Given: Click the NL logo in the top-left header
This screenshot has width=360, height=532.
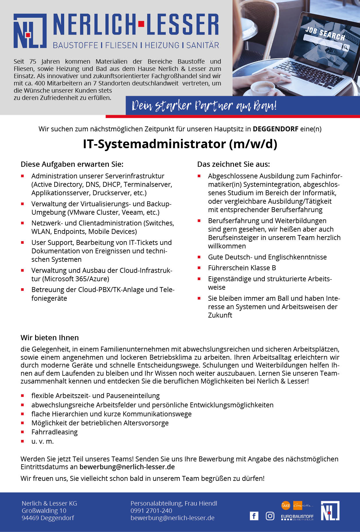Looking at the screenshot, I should (x=30, y=31).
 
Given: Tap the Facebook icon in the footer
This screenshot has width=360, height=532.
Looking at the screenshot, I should (x=254, y=516).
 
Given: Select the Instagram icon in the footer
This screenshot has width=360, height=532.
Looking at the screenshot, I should (x=270, y=516).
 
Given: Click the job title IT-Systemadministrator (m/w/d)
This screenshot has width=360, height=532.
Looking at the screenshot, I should (x=180, y=144).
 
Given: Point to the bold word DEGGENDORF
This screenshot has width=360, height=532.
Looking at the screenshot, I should (x=275, y=129).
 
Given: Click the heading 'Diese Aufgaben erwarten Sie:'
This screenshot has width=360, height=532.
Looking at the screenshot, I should (x=72, y=164).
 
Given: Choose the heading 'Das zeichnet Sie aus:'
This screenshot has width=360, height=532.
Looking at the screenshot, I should (x=233, y=164).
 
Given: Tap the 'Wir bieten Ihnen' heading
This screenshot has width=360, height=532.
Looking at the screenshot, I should (x=50, y=338).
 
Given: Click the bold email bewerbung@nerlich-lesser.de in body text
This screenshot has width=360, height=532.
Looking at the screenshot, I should (x=127, y=467).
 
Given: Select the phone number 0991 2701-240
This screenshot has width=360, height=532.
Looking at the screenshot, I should (x=151, y=510).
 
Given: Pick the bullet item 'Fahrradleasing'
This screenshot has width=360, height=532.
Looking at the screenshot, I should (x=55, y=432).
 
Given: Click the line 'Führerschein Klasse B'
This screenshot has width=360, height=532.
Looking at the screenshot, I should (x=242, y=268).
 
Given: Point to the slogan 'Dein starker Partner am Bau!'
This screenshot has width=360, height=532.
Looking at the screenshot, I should (x=204, y=106).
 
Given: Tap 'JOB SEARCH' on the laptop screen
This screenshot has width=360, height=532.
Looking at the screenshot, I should (x=325, y=33).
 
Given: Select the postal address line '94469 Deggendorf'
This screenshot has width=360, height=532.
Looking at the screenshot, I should (x=48, y=518).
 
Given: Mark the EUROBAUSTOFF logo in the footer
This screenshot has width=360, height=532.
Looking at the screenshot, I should (x=297, y=517).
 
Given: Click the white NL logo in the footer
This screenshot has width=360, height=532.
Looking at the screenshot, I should (x=330, y=510).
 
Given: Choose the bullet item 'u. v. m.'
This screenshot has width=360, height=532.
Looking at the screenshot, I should (x=43, y=441).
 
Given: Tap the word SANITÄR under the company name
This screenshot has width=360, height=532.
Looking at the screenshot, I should (x=202, y=45).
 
